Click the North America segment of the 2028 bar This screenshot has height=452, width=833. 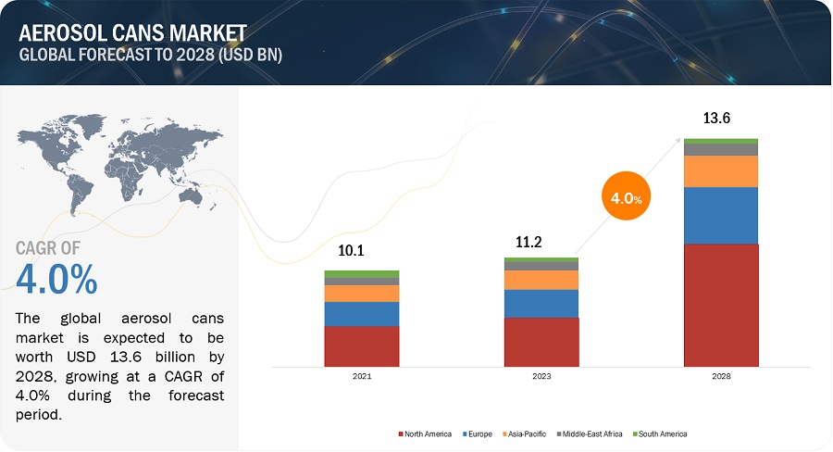coord(721,305)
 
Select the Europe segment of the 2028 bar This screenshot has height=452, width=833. coord(721,216)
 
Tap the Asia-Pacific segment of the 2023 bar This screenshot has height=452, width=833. coord(541,280)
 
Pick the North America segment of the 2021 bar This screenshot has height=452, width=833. coord(361,345)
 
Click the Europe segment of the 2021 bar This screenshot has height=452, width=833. coord(361,314)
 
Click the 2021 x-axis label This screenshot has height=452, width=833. coord(361,377)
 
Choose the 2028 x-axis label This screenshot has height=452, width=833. coord(721,377)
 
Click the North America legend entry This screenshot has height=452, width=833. coord(428,433)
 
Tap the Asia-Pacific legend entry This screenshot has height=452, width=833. coord(523,433)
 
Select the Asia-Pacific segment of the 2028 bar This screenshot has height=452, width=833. coord(721,171)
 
